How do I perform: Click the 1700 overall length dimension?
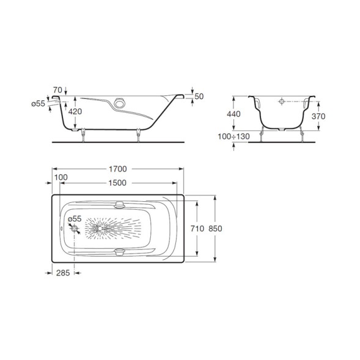[117, 169]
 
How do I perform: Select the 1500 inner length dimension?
[117, 183]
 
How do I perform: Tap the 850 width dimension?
[215, 229]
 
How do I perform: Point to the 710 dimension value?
[197, 229]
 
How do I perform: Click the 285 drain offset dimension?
[63, 273]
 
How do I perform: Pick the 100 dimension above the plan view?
[61, 177]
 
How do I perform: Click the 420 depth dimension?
[75, 112]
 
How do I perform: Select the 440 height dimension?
[233, 114]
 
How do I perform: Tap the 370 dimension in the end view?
[318, 116]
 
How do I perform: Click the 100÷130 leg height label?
[233, 136]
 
